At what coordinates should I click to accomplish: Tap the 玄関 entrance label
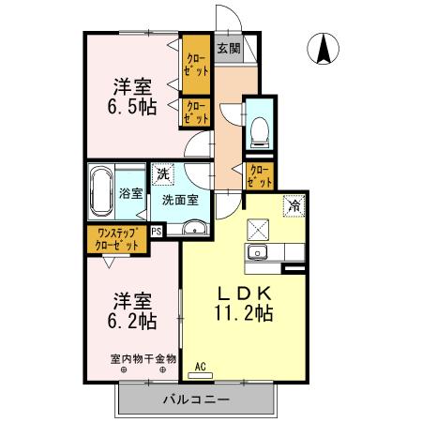point(228,49)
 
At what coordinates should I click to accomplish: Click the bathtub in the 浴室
point(102,193)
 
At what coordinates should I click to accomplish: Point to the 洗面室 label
point(179,199)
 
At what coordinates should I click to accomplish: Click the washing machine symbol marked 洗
point(164,173)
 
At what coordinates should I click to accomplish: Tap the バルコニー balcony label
point(196,400)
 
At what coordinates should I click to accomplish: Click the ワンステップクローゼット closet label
point(117,239)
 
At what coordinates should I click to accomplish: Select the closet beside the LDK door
point(258,174)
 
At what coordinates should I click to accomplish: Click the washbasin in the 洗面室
point(194,227)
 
